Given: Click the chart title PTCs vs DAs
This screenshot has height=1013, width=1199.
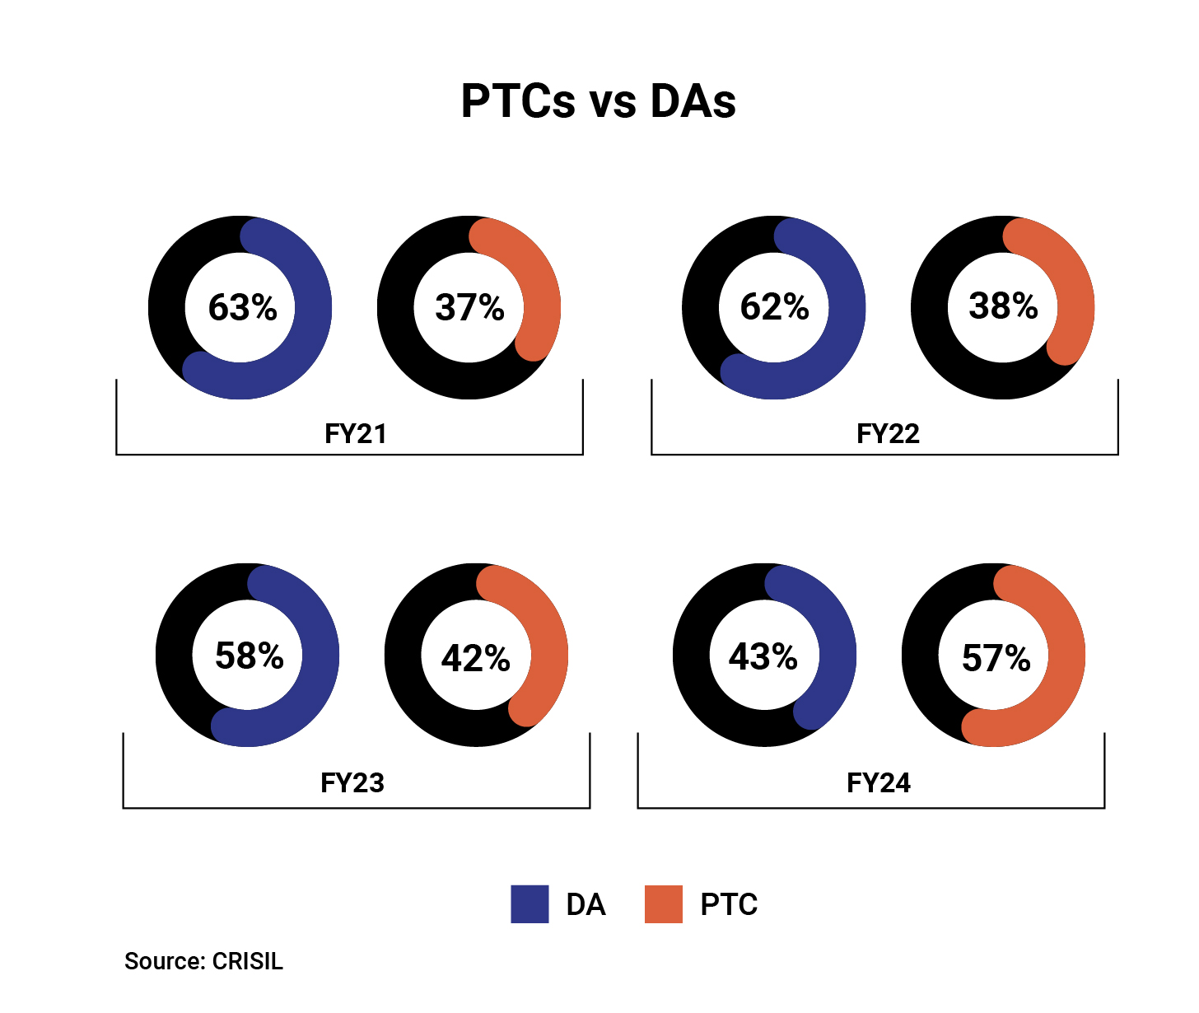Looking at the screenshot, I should (599, 101).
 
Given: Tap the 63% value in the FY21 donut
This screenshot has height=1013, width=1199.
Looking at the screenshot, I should (242, 307).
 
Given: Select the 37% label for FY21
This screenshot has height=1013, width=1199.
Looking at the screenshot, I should (469, 307).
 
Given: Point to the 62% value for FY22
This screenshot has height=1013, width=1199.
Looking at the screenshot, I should (774, 306).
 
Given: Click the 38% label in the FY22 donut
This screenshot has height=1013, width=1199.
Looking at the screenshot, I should (1003, 306).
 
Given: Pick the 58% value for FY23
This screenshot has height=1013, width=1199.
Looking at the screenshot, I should (249, 656).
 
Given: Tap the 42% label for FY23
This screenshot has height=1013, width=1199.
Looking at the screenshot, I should (475, 658).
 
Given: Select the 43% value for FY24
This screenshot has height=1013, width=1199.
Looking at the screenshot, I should (763, 656).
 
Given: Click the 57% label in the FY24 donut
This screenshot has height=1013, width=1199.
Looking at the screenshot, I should (996, 658).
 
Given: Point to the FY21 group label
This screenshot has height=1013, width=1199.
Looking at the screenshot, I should (355, 433).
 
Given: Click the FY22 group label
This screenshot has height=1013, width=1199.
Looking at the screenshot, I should (888, 433).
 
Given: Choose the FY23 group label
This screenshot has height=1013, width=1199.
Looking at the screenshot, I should (352, 782).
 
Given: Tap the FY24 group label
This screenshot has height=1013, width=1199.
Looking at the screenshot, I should (879, 782).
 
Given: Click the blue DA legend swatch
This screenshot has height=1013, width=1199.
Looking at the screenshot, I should (530, 903).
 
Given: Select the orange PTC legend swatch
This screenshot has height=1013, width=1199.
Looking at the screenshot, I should (663, 903).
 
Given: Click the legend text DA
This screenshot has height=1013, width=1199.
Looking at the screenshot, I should (586, 904).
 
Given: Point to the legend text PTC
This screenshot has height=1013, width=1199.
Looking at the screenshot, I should (729, 904).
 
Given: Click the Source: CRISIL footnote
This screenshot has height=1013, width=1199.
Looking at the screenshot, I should (203, 961).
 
